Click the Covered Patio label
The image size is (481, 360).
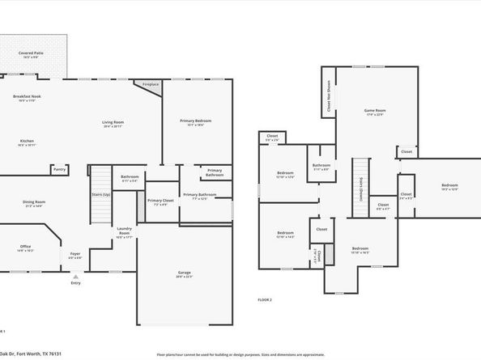point(32,53)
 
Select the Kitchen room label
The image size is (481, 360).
point(27,141)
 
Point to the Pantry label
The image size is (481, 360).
point(59,170)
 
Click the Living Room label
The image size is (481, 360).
point(113,123)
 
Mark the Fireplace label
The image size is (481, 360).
point(150,84)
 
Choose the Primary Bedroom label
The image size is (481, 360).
point(195,121)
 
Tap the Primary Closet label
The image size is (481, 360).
point(161,200)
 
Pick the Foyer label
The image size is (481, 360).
point(75,254)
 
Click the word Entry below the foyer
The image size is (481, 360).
point(75,283)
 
